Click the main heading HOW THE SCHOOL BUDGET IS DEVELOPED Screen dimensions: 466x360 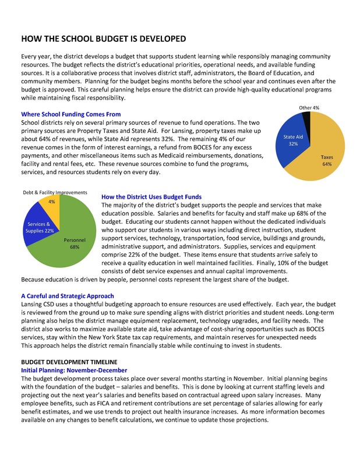pyautogui.click(x=103, y=39)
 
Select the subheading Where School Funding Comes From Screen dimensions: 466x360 pyautogui.click(x=71, y=115)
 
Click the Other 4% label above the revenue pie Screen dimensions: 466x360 pyautogui.click(x=309, y=108)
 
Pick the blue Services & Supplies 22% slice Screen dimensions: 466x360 pyautogui.click(x=41, y=224)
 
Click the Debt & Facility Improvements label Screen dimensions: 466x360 pyautogui.click(x=55, y=192)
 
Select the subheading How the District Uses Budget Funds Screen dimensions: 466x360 pyautogui.click(x=151, y=197)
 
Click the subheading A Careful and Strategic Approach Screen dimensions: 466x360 pyautogui.click(x=68, y=296)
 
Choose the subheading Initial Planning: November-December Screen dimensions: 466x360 pyautogui.click(x=74, y=370)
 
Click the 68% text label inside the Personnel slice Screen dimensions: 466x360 pyautogui.click(x=75, y=247)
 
